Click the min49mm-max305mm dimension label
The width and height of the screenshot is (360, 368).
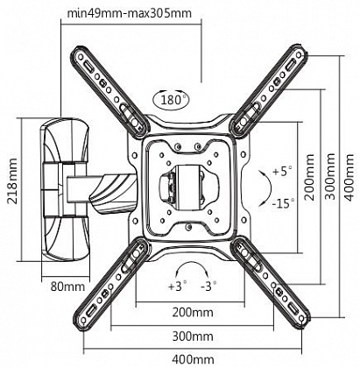(130, 13)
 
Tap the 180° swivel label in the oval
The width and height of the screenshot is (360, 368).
(171, 100)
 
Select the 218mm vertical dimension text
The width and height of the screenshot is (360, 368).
(13, 181)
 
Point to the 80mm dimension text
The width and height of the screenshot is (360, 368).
(68, 287)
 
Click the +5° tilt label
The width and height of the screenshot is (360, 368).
(282, 171)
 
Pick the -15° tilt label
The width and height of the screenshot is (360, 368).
(283, 203)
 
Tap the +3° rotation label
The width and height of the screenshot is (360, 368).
(177, 286)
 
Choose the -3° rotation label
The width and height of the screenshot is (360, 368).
(208, 286)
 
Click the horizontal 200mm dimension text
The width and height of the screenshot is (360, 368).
(193, 313)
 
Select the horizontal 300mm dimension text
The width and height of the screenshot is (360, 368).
(193, 336)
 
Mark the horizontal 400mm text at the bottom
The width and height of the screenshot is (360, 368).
(193, 359)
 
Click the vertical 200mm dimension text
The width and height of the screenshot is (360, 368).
(309, 177)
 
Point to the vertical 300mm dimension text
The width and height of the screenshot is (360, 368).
(330, 176)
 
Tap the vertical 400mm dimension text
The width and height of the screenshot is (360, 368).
(349, 177)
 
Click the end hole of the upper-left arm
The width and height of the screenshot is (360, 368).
(79, 57)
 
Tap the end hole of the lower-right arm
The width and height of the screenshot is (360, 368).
(302, 319)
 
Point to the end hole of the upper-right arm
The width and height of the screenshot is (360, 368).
(298, 54)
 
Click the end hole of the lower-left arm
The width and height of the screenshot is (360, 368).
(83, 321)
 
